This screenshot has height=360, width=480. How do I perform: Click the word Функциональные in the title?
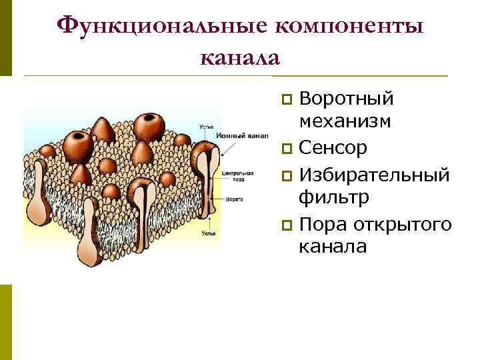click(x=161, y=25)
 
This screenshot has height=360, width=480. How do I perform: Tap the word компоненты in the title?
click(x=349, y=25)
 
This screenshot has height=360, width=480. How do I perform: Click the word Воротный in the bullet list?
click(x=346, y=99)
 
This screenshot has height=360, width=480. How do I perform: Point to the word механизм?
click(x=345, y=122)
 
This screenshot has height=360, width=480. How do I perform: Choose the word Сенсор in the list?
click(x=333, y=147)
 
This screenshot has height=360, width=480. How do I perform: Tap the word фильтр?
click(x=333, y=197)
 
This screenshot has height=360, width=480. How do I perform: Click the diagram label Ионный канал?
click(x=233, y=135)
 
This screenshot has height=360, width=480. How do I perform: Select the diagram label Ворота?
click(x=234, y=199)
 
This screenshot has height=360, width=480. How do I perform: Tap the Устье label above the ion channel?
click(x=207, y=126)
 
